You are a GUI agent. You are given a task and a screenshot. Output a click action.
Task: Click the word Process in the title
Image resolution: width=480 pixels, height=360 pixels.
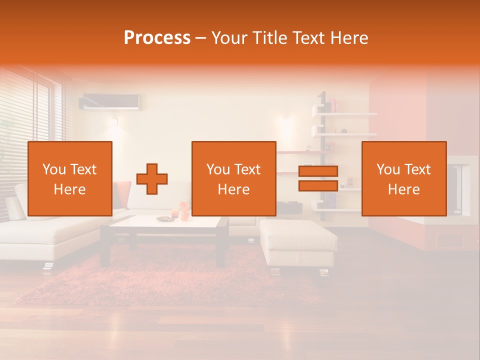click(x=157, y=38)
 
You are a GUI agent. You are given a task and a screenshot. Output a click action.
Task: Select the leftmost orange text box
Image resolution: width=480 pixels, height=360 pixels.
click(x=70, y=178)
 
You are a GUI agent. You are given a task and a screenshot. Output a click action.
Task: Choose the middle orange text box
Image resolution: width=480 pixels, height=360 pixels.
click(x=233, y=178)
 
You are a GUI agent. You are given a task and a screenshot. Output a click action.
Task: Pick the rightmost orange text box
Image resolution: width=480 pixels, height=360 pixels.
click(x=403, y=178)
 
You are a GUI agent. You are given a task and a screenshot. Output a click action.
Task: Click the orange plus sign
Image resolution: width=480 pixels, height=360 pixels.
click(x=152, y=178)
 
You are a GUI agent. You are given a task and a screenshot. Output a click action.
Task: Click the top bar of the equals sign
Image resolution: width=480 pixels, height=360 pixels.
click(x=318, y=171)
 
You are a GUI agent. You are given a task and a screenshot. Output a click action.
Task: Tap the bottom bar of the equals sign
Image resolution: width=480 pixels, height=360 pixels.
click(x=318, y=186)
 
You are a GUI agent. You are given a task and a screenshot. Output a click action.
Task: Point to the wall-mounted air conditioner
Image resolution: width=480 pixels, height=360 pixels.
click(x=110, y=101)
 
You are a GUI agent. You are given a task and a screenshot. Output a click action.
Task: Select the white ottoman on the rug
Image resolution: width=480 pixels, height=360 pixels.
click(x=297, y=242)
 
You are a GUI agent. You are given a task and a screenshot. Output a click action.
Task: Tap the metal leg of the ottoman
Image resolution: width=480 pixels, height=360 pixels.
click(x=274, y=271)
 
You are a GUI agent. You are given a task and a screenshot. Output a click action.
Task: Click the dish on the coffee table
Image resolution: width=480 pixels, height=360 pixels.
click(x=163, y=218)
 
